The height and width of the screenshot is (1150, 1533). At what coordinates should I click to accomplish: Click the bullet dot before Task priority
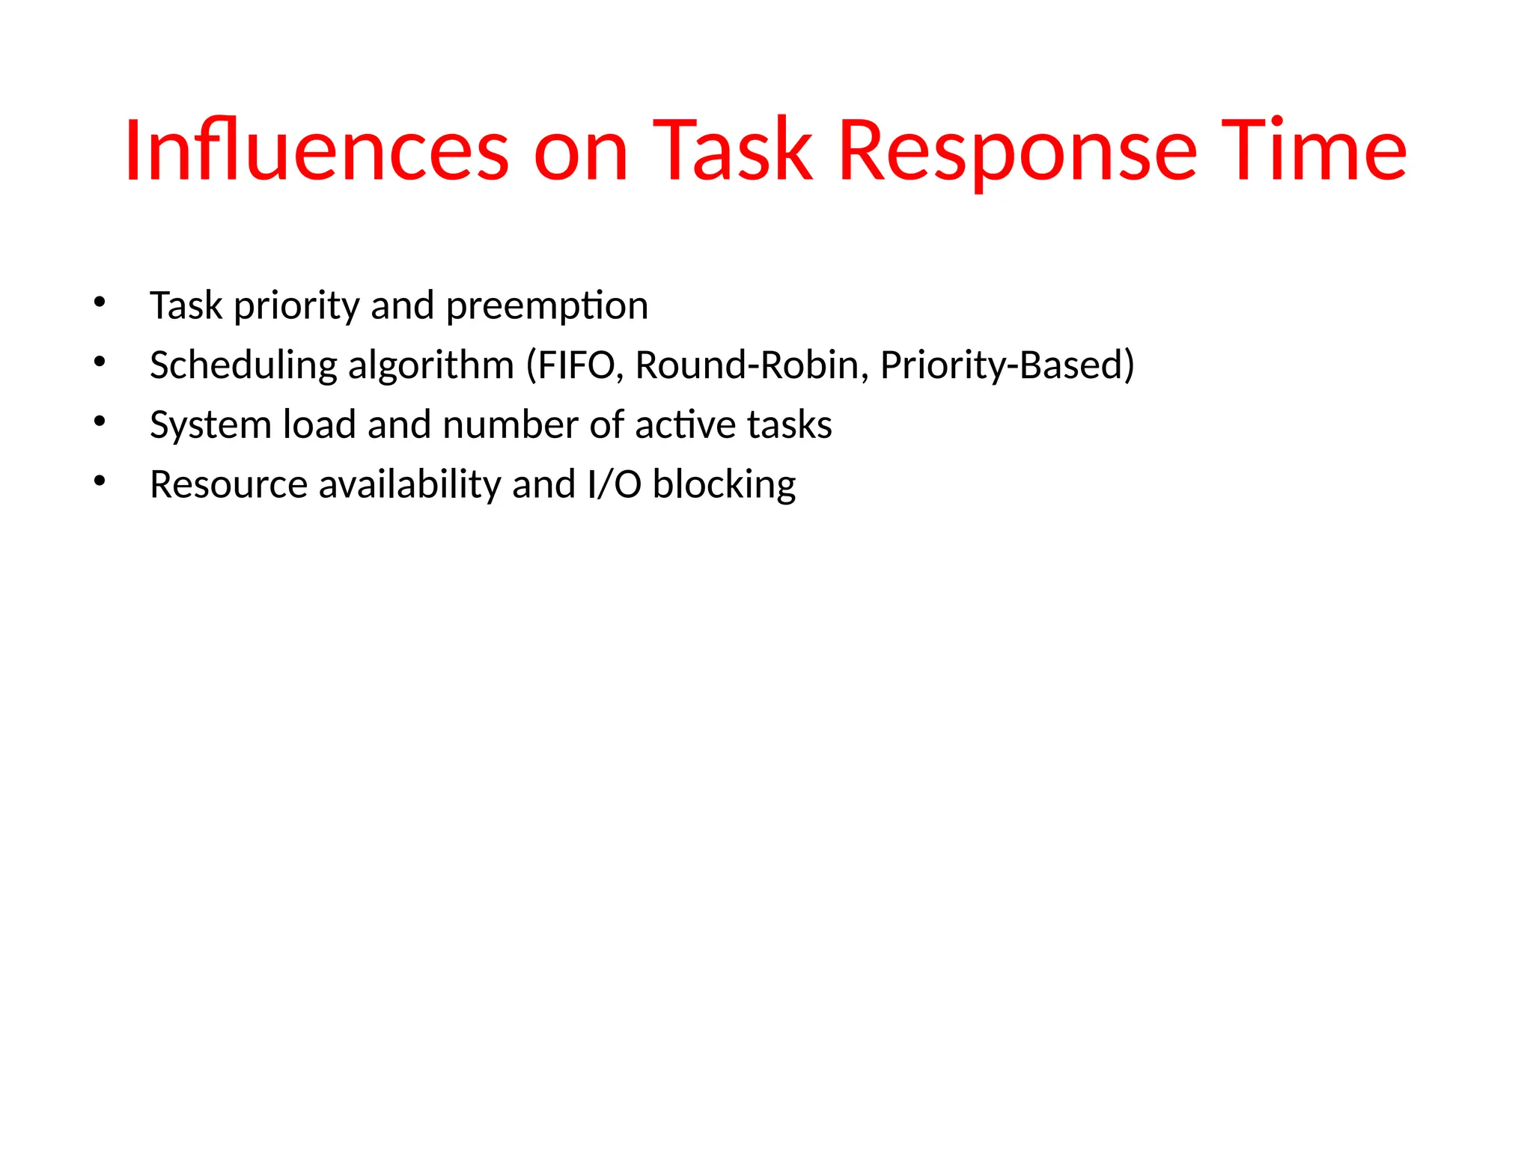(x=100, y=302)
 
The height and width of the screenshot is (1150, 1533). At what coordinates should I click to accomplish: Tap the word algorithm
(x=431, y=366)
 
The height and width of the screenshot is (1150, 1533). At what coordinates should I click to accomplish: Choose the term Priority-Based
(x=1002, y=366)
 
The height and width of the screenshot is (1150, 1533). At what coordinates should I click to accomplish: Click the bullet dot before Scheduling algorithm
(x=100, y=362)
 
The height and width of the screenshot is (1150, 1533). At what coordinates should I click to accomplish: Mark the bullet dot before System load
(x=100, y=422)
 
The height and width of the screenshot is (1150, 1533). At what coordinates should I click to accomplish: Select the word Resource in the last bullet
(x=228, y=484)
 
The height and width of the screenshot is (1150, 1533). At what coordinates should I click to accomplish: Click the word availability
(x=409, y=485)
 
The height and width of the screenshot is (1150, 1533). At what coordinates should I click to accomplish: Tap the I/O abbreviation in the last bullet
(x=615, y=484)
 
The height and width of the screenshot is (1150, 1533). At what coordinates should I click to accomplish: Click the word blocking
(x=724, y=485)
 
